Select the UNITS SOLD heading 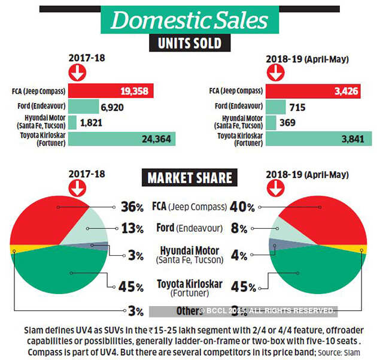tap(189, 44)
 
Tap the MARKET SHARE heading tap(189, 178)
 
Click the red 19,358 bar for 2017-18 tap(111, 90)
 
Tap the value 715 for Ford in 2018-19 tap(297, 107)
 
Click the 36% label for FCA tap(131, 207)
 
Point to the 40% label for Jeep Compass tap(243, 207)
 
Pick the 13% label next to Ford tap(131, 228)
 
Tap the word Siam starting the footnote tap(34, 331)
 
